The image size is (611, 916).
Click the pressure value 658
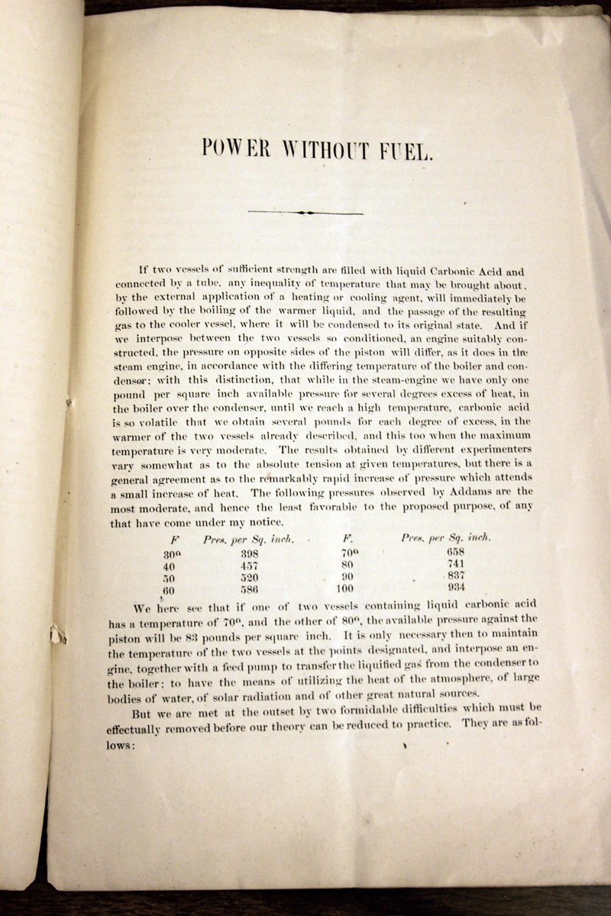pyautogui.click(x=456, y=550)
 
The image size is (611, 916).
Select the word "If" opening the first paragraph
pyautogui.click(x=143, y=269)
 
